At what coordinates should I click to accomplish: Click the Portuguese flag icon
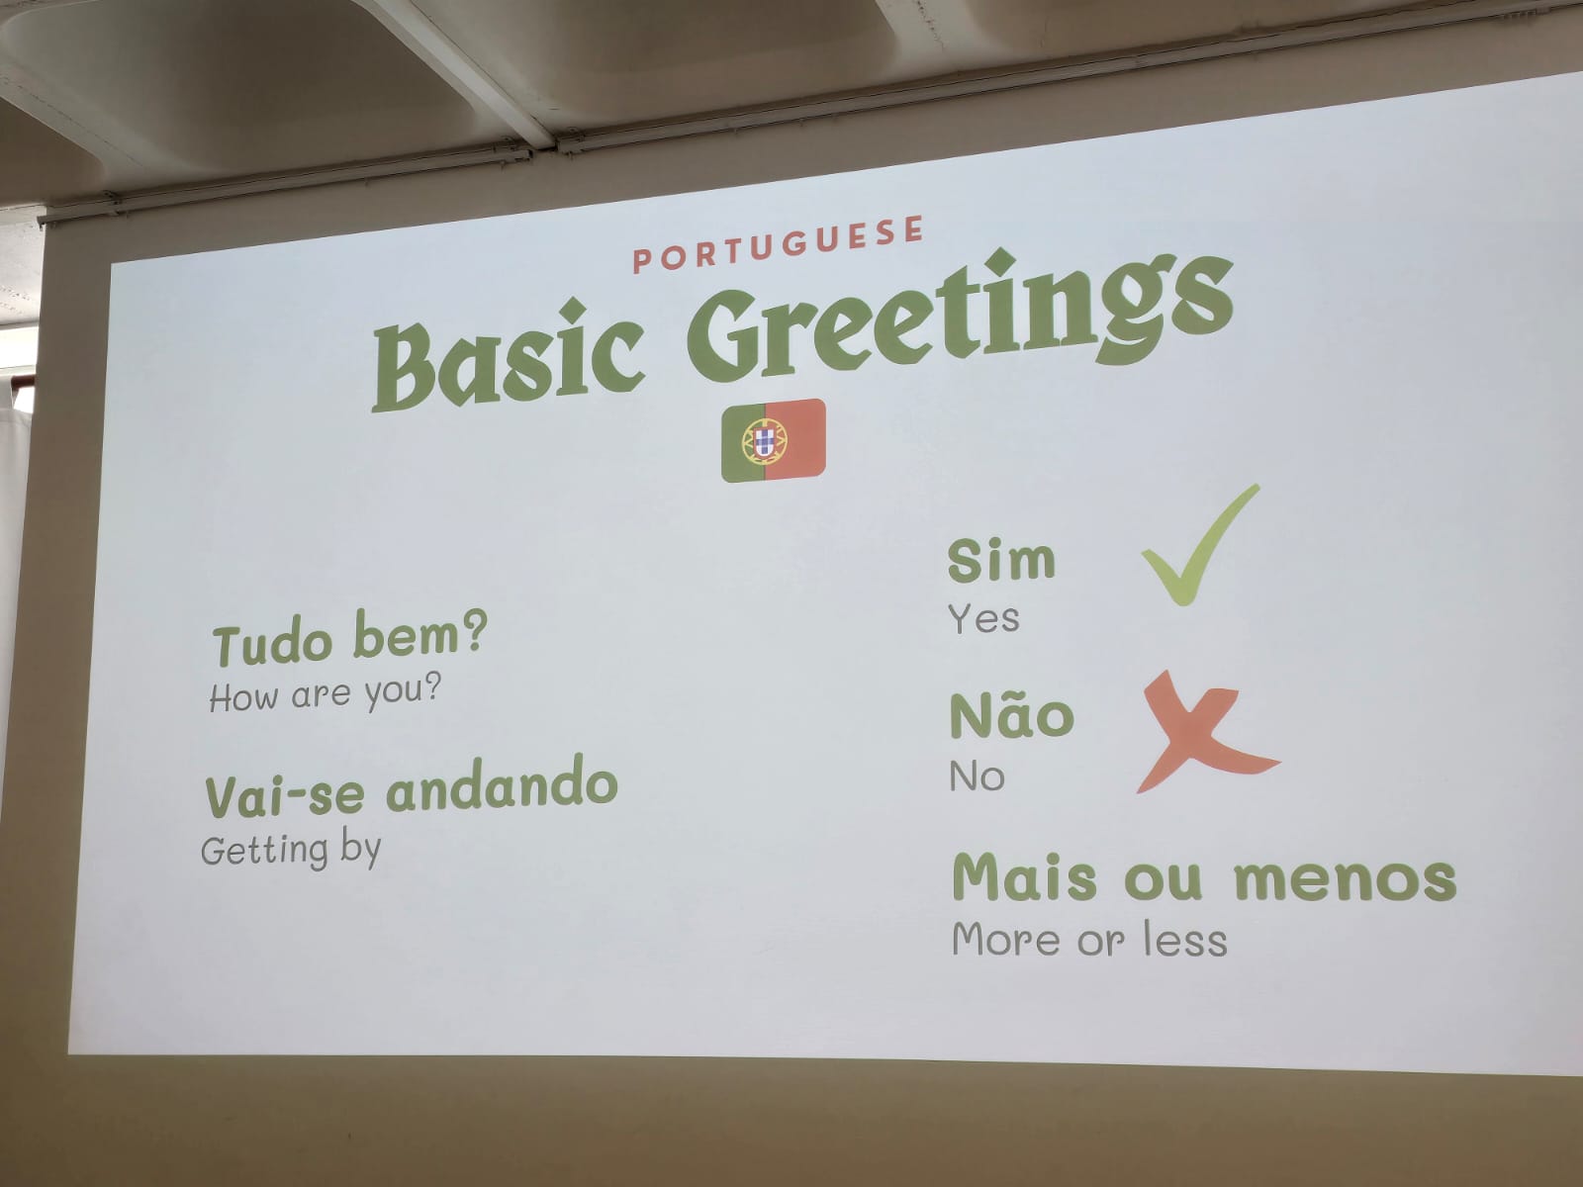(x=773, y=439)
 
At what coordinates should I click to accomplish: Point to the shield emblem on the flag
(x=764, y=439)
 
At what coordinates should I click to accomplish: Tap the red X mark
(x=1204, y=732)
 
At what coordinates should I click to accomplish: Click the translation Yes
(x=983, y=618)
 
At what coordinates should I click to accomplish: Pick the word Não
(x=1012, y=714)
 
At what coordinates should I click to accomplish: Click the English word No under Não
(x=978, y=776)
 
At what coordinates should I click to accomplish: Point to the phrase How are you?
(x=325, y=693)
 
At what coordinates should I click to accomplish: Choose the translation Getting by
(x=291, y=851)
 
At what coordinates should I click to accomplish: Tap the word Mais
(x=1024, y=876)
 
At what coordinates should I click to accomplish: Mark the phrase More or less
(x=1089, y=939)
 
